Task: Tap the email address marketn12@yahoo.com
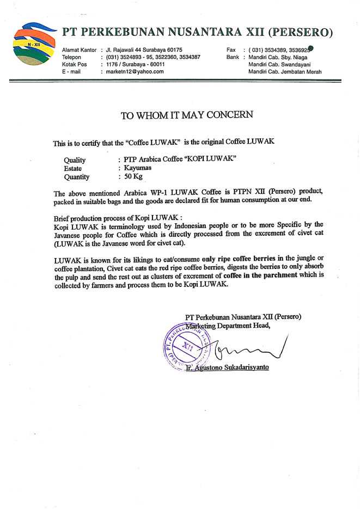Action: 131,71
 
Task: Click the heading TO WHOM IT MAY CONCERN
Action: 187,115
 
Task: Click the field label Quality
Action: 75,160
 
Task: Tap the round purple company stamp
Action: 188,348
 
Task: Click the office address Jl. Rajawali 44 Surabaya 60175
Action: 144,50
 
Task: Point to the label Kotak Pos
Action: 75,64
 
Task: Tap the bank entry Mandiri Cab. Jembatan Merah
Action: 285,71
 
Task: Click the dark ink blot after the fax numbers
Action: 310,48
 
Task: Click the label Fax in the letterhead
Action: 231,50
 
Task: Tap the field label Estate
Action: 73,168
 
